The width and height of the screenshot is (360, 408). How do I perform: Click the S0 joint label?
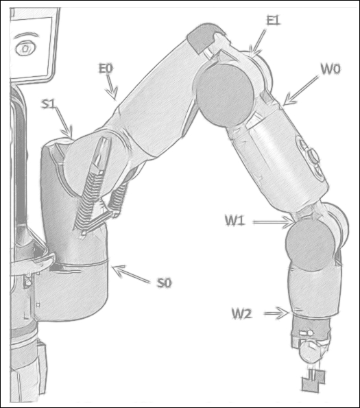(x=165, y=283)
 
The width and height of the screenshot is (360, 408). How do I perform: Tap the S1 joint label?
(x=49, y=104)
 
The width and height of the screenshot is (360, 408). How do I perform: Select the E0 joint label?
(x=106, y=69)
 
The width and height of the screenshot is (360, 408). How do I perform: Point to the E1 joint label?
(x=273, y=21)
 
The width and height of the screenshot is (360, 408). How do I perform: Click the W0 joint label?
(x=331, y=69)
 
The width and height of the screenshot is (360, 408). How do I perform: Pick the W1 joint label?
(x=235, y=221)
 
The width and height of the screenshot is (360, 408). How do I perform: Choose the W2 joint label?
(x=241, y=313)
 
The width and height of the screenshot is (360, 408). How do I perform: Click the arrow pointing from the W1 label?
(x=274, y=222)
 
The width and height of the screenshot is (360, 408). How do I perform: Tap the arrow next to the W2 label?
(x=277, y=313)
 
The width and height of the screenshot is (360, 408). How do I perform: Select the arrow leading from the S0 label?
(x=132, y=274)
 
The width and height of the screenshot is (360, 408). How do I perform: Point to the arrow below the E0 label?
(x=111, y=87)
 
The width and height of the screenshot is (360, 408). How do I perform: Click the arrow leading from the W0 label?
(x=300, y=91)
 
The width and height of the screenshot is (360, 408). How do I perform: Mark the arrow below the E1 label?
(x=258, y=42)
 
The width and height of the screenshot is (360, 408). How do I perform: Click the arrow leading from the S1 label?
(x=64, y=123)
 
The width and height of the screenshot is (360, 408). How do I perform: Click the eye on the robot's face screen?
(x=25, y=48)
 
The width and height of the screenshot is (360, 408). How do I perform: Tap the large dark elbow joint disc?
(x=224, y=95)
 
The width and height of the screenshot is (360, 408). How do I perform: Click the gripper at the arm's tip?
(x=313, y=381)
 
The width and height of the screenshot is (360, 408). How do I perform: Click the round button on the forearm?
(x=313, y=156)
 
